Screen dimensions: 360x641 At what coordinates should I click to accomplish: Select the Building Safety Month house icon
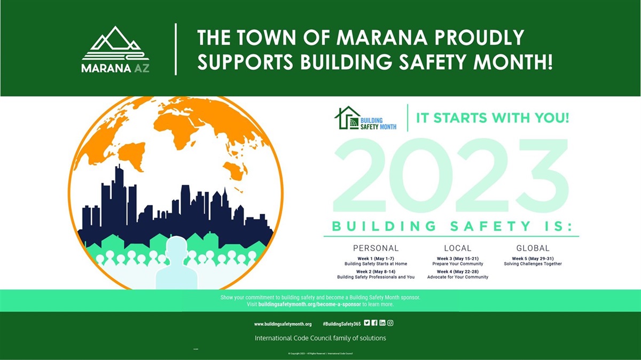(x=347, y=118)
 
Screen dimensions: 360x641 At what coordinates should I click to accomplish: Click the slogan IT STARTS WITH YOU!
(x=493, y=118)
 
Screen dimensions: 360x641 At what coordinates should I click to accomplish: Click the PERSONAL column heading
(x=376, y=248)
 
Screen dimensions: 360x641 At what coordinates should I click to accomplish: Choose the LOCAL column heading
(x=458, y=248)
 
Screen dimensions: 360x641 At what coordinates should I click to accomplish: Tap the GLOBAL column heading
(x=533, y=248)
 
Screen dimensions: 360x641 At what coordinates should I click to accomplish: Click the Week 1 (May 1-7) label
(x=376, y=258)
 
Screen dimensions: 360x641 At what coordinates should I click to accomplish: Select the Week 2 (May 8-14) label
(x=376, y=271)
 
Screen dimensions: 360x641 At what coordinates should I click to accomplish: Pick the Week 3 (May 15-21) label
(x=458, y=258)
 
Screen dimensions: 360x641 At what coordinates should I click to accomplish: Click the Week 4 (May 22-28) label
(x=458, y=271)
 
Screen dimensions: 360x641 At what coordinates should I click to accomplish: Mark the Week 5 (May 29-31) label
(x=533, y=258)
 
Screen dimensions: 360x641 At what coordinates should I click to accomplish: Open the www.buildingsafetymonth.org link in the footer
(x=283, y=324)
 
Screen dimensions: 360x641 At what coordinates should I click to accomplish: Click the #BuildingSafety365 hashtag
(x=342, y=324)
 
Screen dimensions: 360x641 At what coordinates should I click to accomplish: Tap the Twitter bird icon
(x=367, y=323)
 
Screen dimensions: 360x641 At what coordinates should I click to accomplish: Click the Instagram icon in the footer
(x=390, y=323)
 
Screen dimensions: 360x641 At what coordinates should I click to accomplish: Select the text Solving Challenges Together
(x=533, y=264)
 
